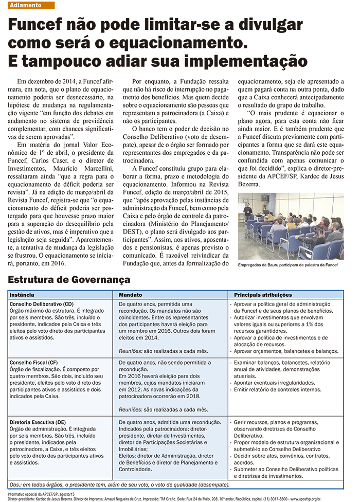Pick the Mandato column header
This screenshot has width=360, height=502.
(x=131, y=295)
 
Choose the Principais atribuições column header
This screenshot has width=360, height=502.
(x=263, y=295)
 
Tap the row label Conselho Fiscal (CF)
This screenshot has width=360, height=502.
(x=36, y=363)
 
